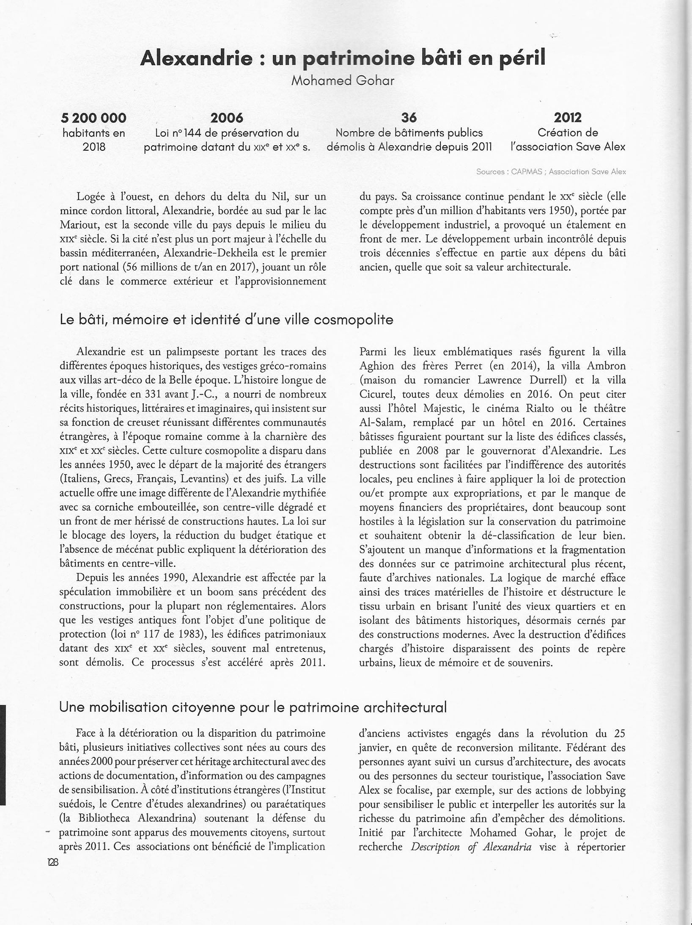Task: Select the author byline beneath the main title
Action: [343, 80]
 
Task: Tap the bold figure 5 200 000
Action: [94, 117]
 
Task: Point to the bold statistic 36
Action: [409, 117]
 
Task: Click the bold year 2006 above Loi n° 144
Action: [227, 117]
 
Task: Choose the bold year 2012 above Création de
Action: [568, 117]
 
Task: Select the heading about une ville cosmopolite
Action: [226, 320]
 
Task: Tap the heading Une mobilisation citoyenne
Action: [253, 707]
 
